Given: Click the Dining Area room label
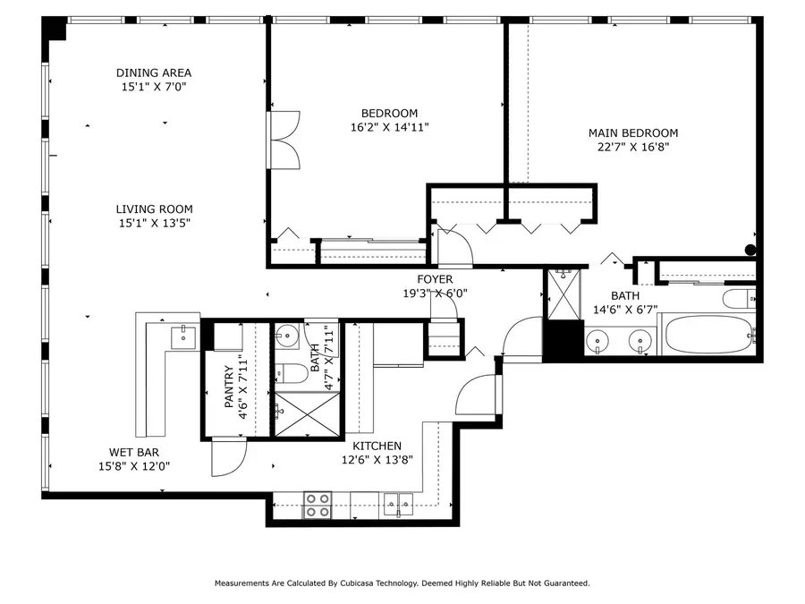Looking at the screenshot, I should [x=154, y=72].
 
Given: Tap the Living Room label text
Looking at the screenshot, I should [x=154, y=209].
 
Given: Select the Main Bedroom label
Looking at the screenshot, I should [x=632, y=133].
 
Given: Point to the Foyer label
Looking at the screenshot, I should [x=435, y=279].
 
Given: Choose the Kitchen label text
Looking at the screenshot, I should [x=377, y=446].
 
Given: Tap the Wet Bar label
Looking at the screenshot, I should [x=134, y=452].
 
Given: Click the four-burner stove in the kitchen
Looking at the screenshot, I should [x=317, y=506].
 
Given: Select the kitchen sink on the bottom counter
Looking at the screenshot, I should [x=399, y=505].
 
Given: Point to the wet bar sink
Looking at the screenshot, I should [x=184, y=336].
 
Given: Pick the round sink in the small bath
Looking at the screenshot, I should [x=285, y=338].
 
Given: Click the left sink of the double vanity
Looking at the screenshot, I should [x=598, y=340].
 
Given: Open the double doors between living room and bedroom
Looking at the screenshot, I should [x=284, y=140].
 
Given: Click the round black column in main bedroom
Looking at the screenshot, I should [x=750, y=251].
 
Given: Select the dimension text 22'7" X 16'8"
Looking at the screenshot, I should [x=632, y=148].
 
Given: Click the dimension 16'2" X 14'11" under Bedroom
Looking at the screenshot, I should [x=389, y=127].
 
